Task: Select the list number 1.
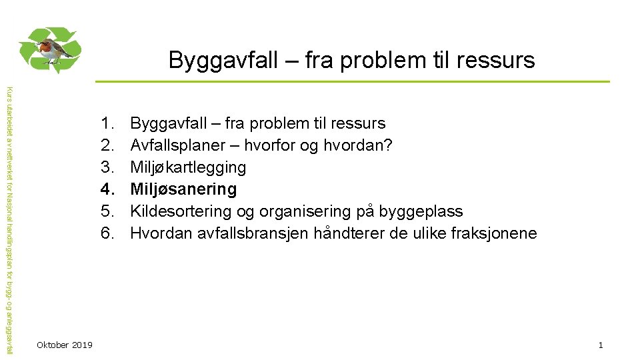[107, 123]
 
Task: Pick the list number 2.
[107, 145]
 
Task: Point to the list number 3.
[107, 167]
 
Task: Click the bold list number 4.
[107, 189]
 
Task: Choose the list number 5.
[107, 211]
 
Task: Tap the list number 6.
[107, 233]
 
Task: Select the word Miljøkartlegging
[188, 167]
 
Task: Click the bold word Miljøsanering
[183, 189]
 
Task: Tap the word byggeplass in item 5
[421, 211]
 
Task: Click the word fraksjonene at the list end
[494, 233]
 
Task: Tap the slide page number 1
[601, 345]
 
